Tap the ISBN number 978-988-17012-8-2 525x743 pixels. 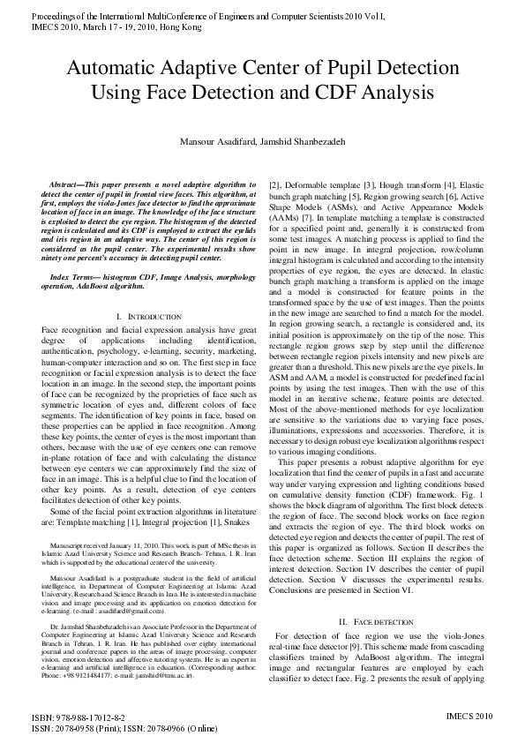pyautogui.click(x=85, y=718)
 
